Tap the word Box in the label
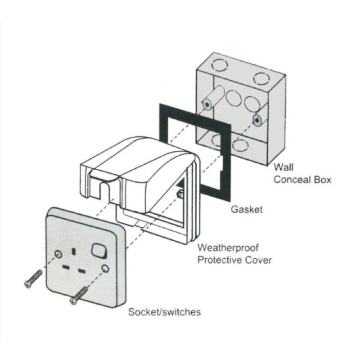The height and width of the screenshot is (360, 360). (322, 180)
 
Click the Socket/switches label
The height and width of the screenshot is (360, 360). (164, 312)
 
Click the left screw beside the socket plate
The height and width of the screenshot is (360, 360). (33, 278)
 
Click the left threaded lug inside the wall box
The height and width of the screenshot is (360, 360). (208, 103)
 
